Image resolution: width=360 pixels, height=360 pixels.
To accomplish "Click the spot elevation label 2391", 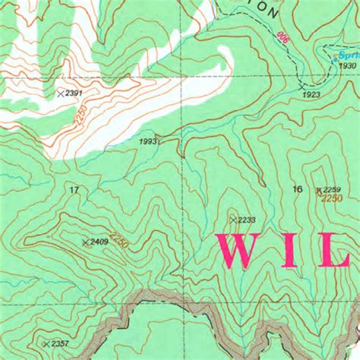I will tap(74, 93).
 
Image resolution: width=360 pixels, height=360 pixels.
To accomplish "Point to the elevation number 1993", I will tap(149, 141).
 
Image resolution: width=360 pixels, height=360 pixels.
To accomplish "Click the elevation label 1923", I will tap(311, 94).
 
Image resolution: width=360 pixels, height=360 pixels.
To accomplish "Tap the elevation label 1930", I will tap(348, 66).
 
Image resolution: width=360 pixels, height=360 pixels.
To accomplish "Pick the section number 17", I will tap(74, 189).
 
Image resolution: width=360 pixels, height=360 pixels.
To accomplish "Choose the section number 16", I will tap(297, 189).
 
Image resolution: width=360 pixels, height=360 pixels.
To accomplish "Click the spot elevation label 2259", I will tap(333, 189).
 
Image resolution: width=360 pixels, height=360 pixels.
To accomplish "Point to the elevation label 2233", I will tap(246, 220).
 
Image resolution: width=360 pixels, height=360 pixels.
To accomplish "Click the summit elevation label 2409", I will tap(99, 242).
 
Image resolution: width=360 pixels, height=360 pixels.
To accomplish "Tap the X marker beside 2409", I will tap(85, 242).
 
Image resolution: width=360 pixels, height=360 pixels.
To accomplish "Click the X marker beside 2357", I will tap(47, 344).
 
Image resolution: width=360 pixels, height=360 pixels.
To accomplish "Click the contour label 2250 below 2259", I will tap(332, 199).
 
